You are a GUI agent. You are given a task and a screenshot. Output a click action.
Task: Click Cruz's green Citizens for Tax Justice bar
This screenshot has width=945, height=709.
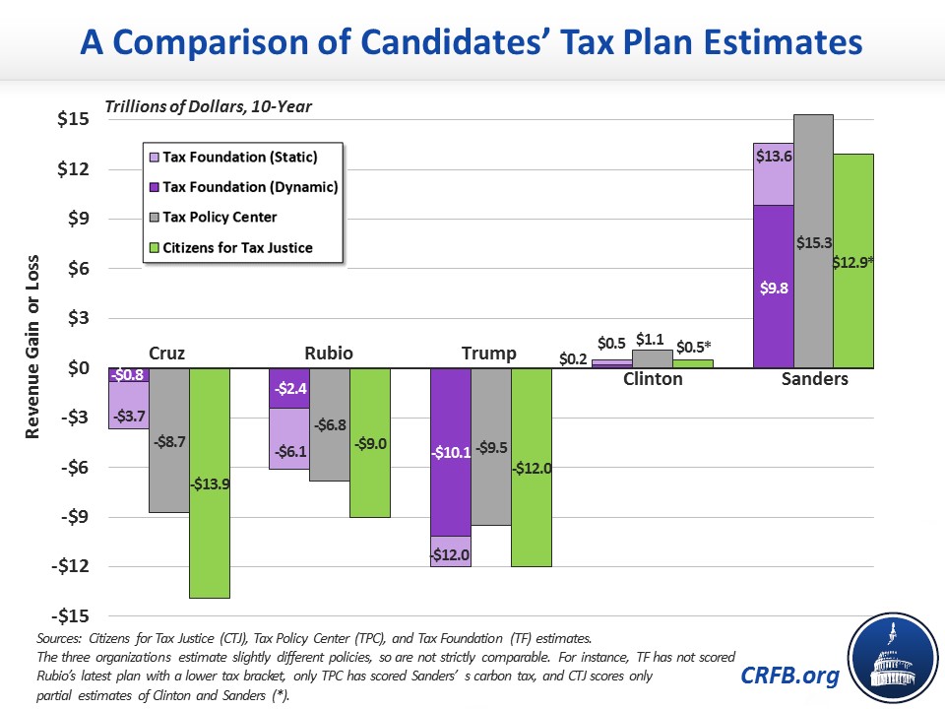coord(210,483)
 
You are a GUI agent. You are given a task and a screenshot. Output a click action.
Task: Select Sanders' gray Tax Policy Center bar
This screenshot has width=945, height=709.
coord(814,241)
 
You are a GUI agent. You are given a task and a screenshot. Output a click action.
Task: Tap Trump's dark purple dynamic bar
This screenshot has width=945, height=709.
coord(451,452)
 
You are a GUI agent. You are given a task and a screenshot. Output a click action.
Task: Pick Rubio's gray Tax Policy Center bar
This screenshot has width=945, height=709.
coord(330,424)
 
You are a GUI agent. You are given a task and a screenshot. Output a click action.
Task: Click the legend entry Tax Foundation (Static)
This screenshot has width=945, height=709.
coord(233,157)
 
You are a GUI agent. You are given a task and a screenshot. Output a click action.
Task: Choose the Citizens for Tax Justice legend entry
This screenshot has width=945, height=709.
coord(230,248)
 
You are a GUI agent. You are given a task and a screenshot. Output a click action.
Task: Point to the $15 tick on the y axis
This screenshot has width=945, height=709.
coord(73,119)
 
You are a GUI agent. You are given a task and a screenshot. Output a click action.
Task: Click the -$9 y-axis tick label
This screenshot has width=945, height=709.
coord(75,517)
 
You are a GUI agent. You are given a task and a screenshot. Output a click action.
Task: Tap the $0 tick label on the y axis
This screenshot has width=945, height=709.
coord(79,367)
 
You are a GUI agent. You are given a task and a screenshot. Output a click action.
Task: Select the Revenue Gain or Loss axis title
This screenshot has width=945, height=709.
coord(31,347)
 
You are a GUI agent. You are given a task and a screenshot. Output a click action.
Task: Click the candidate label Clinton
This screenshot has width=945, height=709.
coord(653,378)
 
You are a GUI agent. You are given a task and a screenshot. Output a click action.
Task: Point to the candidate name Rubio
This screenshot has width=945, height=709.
coord(329,353)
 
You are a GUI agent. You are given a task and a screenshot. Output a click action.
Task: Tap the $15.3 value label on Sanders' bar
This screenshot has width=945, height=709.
coord(814,242)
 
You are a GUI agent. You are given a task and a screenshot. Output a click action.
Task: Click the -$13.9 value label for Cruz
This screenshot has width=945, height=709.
coord(210,483)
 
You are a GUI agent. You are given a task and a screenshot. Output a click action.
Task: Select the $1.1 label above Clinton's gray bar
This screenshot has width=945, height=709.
coord(650,340)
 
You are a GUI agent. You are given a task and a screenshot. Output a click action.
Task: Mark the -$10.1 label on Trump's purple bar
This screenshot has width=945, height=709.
coord(451,452)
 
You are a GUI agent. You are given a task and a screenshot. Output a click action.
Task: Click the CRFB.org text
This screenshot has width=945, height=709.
coord(789,675)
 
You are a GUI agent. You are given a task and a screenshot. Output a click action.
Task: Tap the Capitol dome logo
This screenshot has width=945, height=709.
coord(893,658)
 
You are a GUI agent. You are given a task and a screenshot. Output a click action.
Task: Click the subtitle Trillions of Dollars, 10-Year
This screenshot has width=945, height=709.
coord(208,106)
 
